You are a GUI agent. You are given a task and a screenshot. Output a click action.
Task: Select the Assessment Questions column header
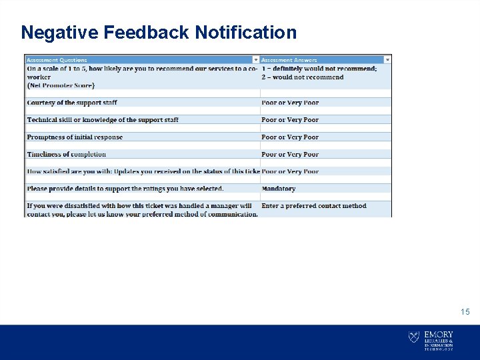[57, 60]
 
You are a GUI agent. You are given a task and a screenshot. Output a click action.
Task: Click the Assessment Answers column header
[289, 60]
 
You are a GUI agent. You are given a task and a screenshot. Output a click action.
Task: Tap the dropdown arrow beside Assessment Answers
[388, 60]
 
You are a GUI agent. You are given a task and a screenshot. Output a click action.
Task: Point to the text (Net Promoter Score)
[61, 85]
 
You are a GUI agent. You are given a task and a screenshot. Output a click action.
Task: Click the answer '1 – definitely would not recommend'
[319, 68]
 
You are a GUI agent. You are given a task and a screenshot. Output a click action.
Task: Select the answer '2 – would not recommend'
[303, 77]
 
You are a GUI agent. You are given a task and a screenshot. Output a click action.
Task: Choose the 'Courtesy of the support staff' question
[73, 103]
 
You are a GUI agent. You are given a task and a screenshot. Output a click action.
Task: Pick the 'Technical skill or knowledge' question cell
[103, 120]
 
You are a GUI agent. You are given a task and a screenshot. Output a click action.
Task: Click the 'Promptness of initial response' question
[75, 137]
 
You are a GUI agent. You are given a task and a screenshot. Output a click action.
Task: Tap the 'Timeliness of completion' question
[66, 154]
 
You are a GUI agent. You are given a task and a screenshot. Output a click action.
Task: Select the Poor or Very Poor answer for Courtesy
[290, 103]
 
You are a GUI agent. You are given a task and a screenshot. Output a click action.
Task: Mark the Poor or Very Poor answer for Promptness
[290, 137]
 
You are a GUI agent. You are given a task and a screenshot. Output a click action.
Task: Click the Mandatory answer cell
[279, 189]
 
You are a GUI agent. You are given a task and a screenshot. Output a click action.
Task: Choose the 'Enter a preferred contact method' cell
[314, 206]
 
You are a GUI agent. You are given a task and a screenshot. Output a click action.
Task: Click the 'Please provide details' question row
[125, 189]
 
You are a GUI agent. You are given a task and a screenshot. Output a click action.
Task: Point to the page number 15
[465, 312]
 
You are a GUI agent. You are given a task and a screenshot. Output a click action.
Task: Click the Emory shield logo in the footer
[414, 337]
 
